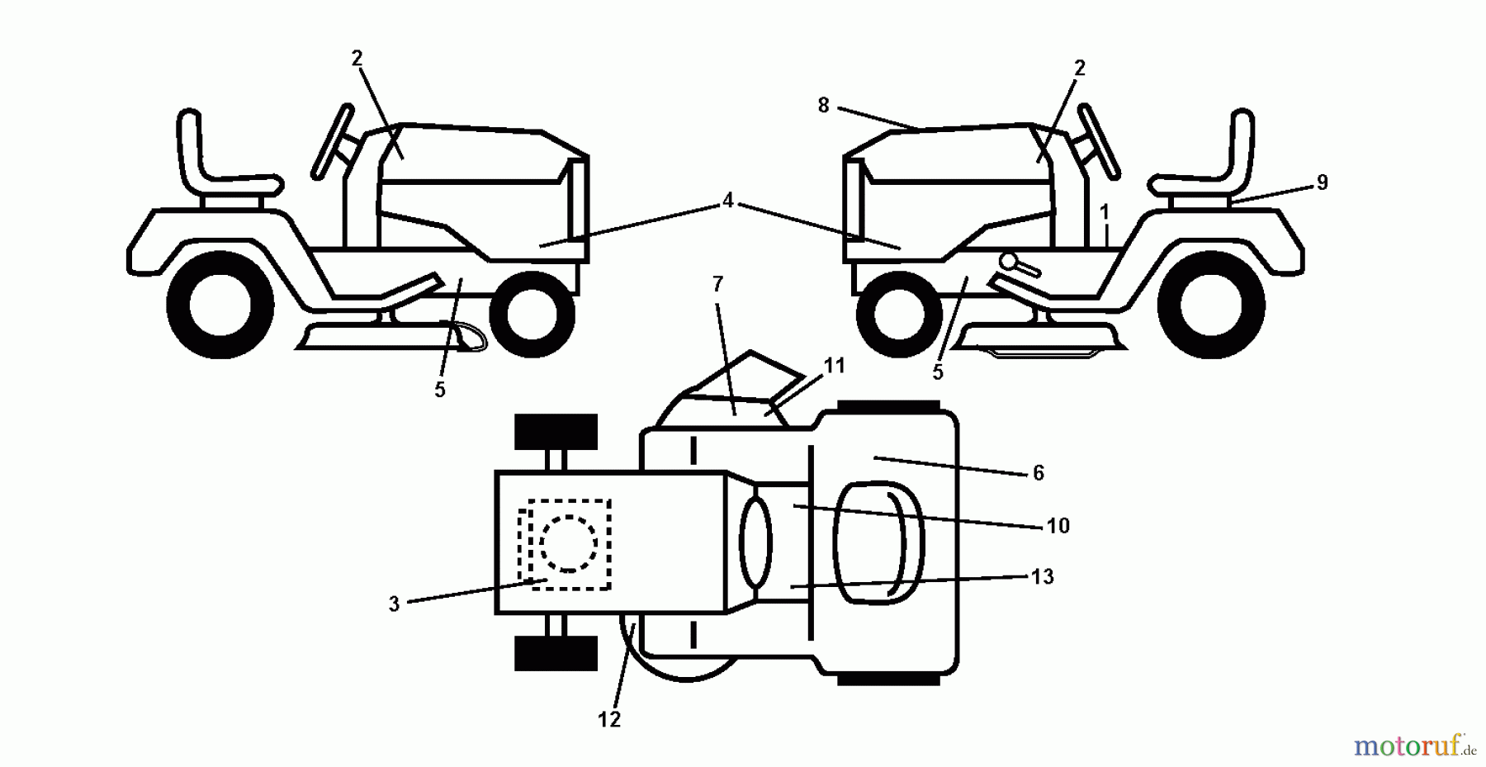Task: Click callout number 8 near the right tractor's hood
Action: tap(823, 106)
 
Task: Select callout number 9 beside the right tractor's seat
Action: tap(1322, 182)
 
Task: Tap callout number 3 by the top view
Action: tap(394, 604)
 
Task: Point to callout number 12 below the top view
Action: tap(608, 720)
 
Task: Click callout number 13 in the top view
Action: tap(1043, 576)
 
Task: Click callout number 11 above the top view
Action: tap(835, 365)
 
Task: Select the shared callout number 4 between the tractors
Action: tap(727, 201)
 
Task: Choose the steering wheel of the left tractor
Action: tap(332, 141)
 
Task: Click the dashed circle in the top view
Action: tap(568, 543)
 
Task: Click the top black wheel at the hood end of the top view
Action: tap(556, 432)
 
